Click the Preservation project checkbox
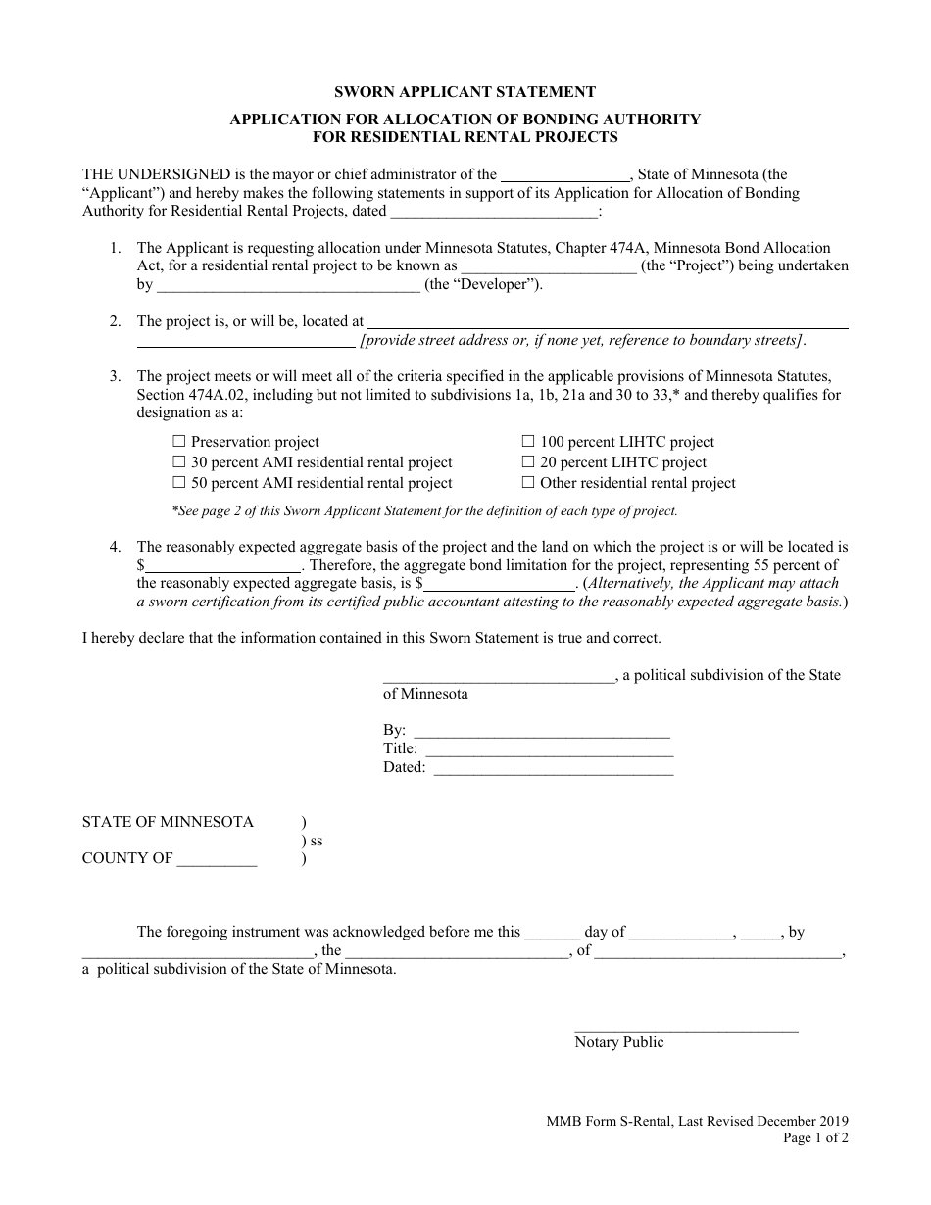coord(179,442)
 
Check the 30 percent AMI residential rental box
coord(179,462)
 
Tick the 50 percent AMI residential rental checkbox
coord(179,483)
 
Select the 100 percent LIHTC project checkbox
coord(528,442)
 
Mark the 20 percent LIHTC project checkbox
coord(528,462)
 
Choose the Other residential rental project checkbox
coord(528,483)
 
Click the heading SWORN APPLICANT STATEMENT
coord(465,92)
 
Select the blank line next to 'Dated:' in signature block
coord(553,769)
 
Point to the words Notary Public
coord(618,1043)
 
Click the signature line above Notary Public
coord(686,1028)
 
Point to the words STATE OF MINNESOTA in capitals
coord(168,822)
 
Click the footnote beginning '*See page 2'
coord(424,510)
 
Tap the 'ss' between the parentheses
coord(316,841)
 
